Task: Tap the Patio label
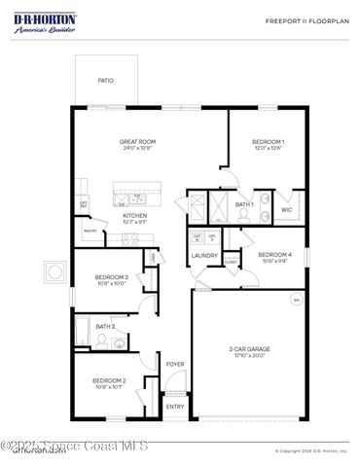[105, 81]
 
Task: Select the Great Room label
[137, 141]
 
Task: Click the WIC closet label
[287, 209]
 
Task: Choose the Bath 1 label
[244, 204]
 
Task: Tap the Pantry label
[90, 232]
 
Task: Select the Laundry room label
[204, 255]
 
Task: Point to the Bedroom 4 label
[274, 255]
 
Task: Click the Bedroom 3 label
[112, 278]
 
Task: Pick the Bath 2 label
[105, 327]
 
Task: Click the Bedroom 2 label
[109, 380]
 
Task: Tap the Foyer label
[175, 364]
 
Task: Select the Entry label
[175, 407]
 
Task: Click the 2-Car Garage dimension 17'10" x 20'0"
[250, 355]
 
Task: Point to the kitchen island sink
[127, 201]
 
